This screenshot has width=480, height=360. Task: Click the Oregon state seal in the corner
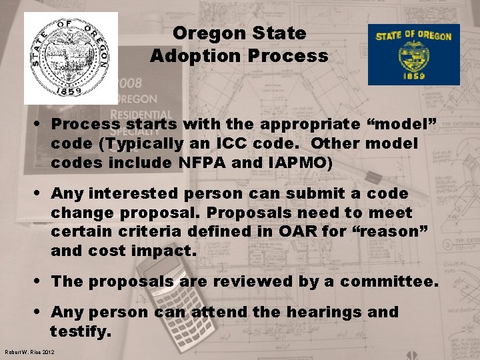(x=71, y=58)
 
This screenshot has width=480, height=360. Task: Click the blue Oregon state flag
(x=414, y=55)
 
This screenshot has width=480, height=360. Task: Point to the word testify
(x=80, y=331)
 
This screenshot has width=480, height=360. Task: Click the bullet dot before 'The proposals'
(x=41, y=281)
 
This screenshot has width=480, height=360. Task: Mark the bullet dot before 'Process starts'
(x=41, y=124)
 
